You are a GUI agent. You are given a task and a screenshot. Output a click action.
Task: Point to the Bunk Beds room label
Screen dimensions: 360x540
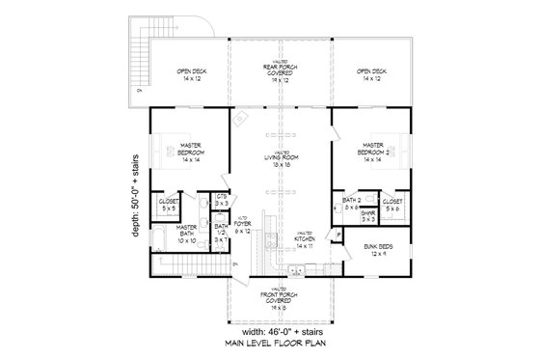(x=379, y=250)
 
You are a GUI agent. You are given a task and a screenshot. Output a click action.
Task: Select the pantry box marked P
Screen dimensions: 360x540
(x=339, y=235)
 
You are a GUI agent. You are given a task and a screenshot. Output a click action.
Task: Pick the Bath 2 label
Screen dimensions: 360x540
(x=351, y=202)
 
